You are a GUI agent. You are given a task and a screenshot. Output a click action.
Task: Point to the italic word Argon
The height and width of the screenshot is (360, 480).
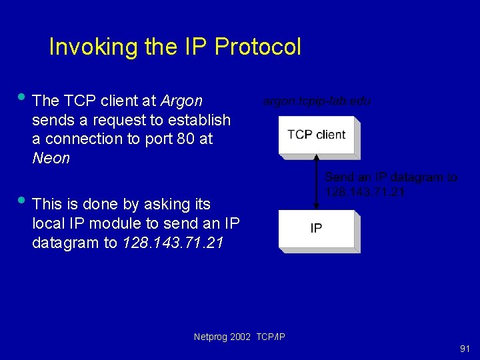[x=181, y=101]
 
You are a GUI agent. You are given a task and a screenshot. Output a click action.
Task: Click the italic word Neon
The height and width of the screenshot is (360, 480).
[x=51, y=159]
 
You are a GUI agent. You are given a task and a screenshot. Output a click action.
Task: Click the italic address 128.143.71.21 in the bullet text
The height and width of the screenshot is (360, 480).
[x=173, y=243]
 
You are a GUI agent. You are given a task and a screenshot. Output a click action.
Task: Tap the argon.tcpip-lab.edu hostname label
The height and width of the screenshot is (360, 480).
[x=317, y=101]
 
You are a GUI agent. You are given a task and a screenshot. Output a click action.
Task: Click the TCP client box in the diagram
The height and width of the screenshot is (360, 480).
[x=317, y=135]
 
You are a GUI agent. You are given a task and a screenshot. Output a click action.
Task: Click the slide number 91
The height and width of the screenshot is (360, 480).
[x=464, y=349]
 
